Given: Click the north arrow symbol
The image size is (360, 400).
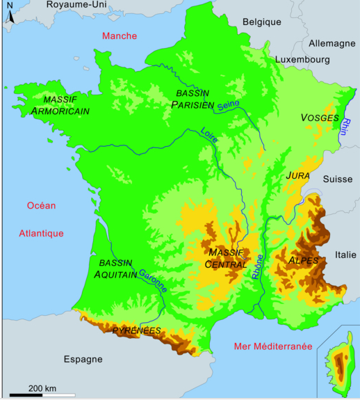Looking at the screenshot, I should click(10, 15).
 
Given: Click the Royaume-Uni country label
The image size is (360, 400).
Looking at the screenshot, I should click(76, 5).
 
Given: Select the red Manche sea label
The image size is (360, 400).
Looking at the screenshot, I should click(119, 36).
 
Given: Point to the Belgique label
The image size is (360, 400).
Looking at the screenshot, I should click(262, 22).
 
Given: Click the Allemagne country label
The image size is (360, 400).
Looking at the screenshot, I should click(332, 43).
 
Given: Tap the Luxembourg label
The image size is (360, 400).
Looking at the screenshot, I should click(302, 61).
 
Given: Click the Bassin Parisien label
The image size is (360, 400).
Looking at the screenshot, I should click(193, 98).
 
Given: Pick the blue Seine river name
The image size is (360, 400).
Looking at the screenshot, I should click(228, 106).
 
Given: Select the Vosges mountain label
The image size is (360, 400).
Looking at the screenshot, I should click(320, 118).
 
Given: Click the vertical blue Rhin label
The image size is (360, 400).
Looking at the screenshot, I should click(345, 129).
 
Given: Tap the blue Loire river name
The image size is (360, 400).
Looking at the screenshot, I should click(209, 135).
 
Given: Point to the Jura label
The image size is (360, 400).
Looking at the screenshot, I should click(297, 177).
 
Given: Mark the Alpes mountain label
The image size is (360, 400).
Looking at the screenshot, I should click(303, 261).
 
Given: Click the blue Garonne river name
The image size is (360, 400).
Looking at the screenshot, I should click(153, 280).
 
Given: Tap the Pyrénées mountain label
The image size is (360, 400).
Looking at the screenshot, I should click(137, 330).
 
